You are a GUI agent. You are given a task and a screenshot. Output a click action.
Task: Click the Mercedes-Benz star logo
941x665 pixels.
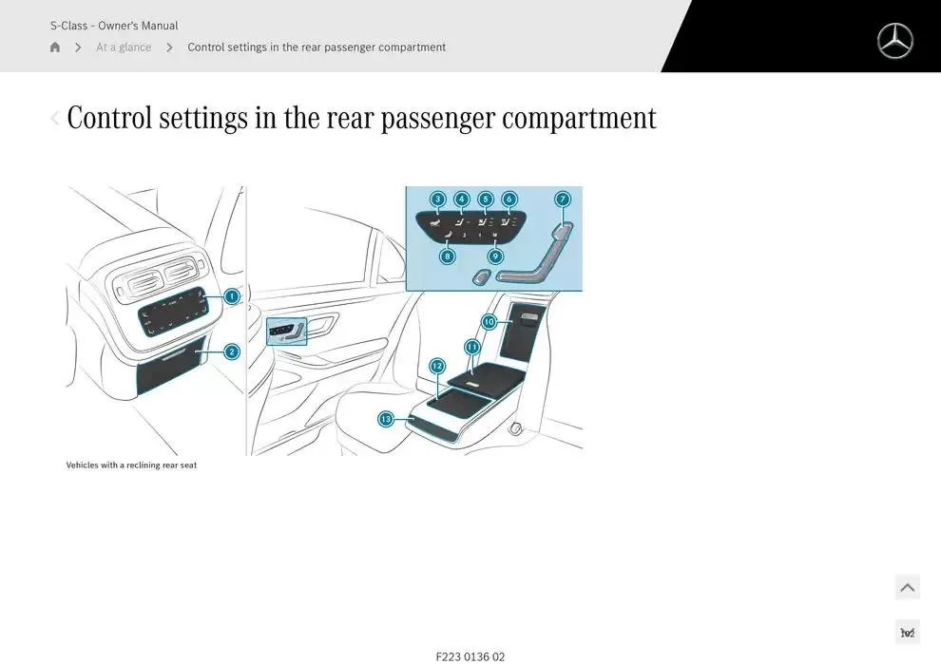coord(894,41)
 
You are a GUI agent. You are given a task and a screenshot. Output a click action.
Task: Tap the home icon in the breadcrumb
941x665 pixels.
coord(55,47)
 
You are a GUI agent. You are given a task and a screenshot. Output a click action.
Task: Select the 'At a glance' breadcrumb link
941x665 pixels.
coord(124,47)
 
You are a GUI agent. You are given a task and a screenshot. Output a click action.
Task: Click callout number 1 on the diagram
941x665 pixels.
coord(231,296)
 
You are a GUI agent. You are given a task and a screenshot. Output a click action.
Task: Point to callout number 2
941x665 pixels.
coord(231,351)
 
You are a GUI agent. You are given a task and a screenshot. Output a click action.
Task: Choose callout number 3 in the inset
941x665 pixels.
coord(437,199)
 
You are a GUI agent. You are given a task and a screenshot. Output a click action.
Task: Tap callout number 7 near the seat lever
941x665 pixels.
coord(563,199)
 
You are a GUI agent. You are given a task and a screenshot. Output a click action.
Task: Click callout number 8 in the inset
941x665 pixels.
coord(448,256)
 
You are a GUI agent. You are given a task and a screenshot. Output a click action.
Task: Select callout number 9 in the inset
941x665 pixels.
coord(495,256)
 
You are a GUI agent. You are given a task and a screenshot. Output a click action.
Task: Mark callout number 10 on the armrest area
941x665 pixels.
coord(489,322)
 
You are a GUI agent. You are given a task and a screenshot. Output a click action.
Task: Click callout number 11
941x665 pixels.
coord(472,348)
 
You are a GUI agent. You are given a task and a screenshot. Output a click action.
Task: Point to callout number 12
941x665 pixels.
coord(437,366)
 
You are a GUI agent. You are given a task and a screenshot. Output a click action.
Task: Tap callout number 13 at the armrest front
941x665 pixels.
coord(386,419)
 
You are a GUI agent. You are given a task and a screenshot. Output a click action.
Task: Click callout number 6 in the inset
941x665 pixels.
coord(509,199)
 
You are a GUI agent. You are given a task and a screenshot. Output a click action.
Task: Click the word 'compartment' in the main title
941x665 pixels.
coord(579,119)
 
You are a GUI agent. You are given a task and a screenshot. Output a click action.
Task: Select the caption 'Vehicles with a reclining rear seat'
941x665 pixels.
coord(131,465)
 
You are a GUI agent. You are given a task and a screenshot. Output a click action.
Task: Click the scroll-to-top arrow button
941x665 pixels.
coord(907,587)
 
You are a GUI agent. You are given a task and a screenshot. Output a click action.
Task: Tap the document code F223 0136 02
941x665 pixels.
coord(470,656)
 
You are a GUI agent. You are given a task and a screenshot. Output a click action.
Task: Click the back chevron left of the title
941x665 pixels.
coord(55,119)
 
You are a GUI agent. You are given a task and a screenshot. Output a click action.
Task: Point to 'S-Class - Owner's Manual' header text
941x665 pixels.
coord(114,26)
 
